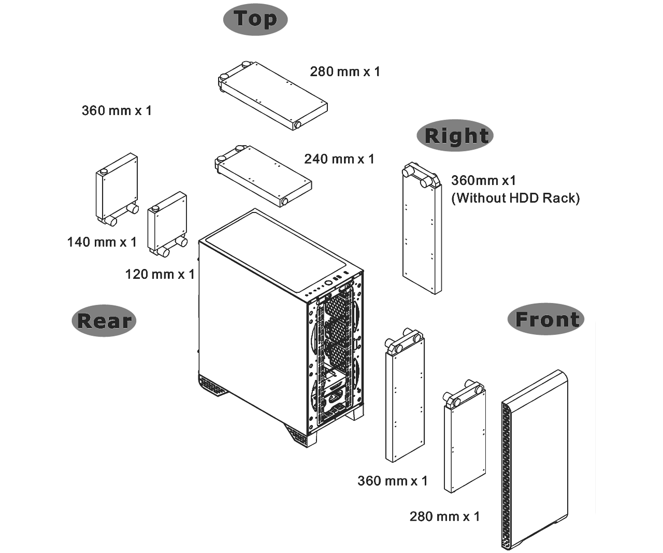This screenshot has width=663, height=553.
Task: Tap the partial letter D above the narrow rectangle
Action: click(525, 198)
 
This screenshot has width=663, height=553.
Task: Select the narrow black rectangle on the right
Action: click(559, 363)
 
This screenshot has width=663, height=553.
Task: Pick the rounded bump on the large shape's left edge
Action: click(73, 321)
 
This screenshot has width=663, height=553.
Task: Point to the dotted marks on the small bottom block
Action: click(503, 541)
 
